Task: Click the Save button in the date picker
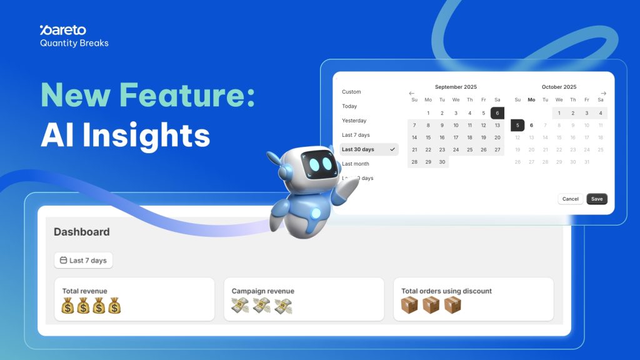pyautogui.click(x=597, y=199)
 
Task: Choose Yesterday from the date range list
pyautogui.click(x=354, y=121)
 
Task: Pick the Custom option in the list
pyautogui.click(x=351, y=92)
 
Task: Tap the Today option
pyautogui.click(x=349, y=106)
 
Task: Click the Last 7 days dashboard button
pyautogui.click(x=83, y=260)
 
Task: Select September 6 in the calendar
pyautogui.click(x=497, y=113)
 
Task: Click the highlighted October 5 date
pyautogui.click(x=517, y=125)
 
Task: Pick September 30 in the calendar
pyautogui.click(x=442, y=162)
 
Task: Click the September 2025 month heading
pyautogui.click(x=456, y=87)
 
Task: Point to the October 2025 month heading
pyautogui.click(x=559, y=87)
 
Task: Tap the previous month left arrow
pyautogui.click(x=412, y=93)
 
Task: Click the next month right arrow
pyautogui.click(x=603, y=93)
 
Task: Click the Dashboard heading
pyautogui.click(x=81, y=232)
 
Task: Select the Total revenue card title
pyautogui.click(x=84, y=291)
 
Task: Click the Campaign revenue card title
pyautogui.click(x=262, y=291)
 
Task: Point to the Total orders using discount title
pyautogui.click(x=446, y=291)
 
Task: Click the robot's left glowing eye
pyautogui.click(x=315, y=164)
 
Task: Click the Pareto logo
pyautogui.click(x=62, y=30)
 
